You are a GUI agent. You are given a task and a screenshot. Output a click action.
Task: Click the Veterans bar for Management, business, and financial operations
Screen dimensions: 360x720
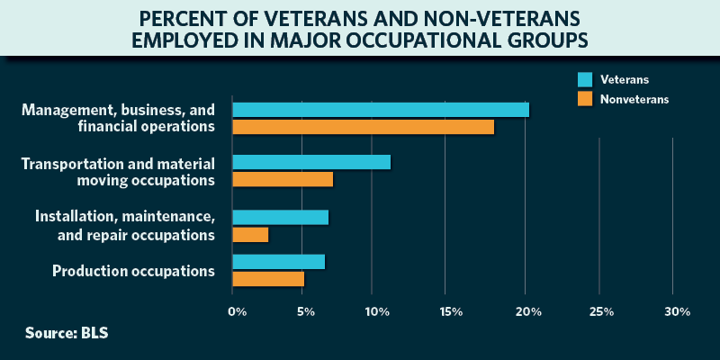tap(381, 110)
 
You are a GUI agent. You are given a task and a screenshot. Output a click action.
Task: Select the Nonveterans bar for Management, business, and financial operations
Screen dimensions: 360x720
tap(364, 127)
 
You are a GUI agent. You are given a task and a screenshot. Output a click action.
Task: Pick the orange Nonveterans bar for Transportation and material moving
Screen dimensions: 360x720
tap(283, 179)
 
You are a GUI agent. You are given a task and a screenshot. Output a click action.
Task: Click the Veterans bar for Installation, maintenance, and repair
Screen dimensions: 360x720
tap(280, 217)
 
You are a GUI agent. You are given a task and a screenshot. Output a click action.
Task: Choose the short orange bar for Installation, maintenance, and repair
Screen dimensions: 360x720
tap(250, 235)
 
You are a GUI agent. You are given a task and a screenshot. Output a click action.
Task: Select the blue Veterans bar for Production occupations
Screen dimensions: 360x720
tap(278, 262)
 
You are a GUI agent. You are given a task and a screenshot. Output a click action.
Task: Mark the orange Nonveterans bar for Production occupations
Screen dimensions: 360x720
tap(268, 279)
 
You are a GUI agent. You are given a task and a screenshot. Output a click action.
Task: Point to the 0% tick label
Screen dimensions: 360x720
tap(237, 311)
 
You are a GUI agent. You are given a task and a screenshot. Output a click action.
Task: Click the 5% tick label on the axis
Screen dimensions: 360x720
tap(306, 311)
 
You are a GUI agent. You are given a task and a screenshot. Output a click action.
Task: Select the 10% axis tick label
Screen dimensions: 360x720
tap(377, 311)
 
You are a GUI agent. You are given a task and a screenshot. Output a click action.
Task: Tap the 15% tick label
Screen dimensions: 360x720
tap(451, 311)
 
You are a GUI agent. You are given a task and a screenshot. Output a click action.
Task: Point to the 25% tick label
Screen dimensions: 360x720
tap(601, 311)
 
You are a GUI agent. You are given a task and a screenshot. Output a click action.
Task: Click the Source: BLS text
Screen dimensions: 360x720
tap(67, 333)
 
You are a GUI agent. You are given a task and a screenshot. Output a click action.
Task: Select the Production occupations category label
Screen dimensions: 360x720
tap(133, 271)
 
